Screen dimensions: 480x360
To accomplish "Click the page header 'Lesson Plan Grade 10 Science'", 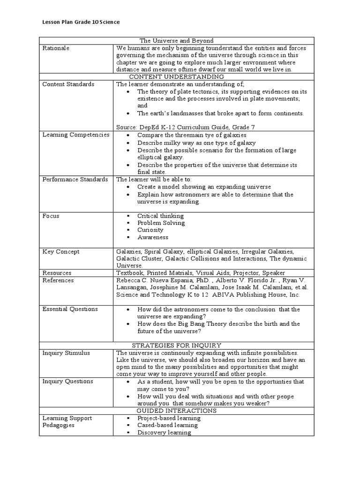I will (x=81, y=22).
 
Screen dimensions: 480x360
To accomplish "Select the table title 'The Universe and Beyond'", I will (x=176, y=41).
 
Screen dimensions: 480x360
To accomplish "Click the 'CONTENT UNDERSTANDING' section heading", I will (x=176, y=76).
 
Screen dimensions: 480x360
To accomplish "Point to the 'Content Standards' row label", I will (x=68, y=84).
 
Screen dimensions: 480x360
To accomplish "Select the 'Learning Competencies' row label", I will (x=76, y=135).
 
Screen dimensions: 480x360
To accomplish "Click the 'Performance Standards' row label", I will (x=76, y=180).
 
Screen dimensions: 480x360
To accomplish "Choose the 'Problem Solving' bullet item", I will (x=161, y=223).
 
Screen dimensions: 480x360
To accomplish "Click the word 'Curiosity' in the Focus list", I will (x=150, y=230).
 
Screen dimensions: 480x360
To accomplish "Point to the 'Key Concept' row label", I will (x=61, y=252).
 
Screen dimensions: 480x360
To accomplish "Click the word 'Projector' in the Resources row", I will (x=245, y=273).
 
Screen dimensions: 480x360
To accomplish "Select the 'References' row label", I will (x=58, y=280).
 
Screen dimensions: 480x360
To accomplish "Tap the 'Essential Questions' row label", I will (x=70, y=309).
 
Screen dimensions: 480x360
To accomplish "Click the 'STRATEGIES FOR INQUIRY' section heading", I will (x=176, y=345).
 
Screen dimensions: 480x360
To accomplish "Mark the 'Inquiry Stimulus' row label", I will (x=66, y=353).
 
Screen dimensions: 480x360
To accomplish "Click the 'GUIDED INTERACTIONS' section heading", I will (x=176, y=411).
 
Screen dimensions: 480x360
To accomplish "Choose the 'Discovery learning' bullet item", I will (x=164, y=433).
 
